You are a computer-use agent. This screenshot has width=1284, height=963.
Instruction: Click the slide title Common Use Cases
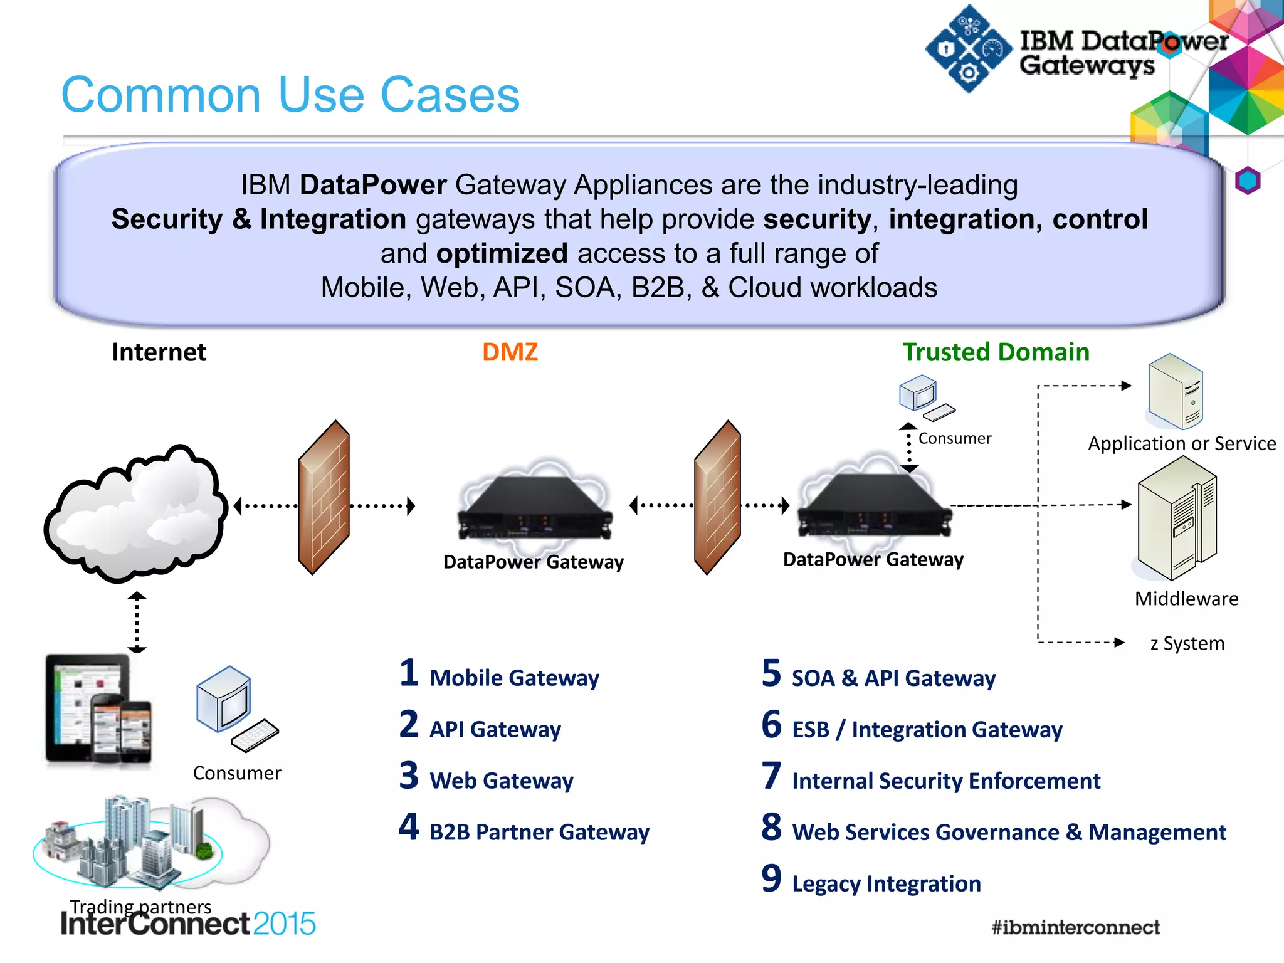pos(290,95)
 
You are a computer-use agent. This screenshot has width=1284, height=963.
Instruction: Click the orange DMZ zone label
pos(510,352)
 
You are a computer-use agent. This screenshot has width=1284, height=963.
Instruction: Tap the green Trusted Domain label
pos(996,352)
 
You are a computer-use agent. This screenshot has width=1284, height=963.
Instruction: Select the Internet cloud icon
pos(135,513)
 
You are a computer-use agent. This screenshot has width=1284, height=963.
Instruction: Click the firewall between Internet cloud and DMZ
pos(324,497)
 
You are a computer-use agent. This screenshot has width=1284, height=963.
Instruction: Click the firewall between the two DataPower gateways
pos(717,497)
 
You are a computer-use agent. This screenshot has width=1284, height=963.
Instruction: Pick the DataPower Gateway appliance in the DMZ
pos(534,508)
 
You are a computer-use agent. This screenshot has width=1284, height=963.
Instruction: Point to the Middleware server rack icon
pos(1177,519)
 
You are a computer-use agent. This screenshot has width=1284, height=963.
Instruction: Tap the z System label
pos(1187,643)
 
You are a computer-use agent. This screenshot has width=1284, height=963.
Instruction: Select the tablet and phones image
pos(98,710)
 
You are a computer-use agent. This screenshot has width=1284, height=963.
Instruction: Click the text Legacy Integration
pos(886,883)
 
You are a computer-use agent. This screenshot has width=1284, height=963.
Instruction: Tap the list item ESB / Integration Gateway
pos(927,730)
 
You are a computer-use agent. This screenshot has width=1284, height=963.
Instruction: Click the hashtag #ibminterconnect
pos(1075,927)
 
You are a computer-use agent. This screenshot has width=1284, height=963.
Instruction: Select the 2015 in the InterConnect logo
pos(284,924)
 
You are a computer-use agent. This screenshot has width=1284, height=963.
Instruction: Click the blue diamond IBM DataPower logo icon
pos(969,50)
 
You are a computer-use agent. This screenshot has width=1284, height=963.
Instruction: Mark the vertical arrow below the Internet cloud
pos(137,622)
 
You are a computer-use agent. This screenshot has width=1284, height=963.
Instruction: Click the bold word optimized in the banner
pos(502,253)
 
